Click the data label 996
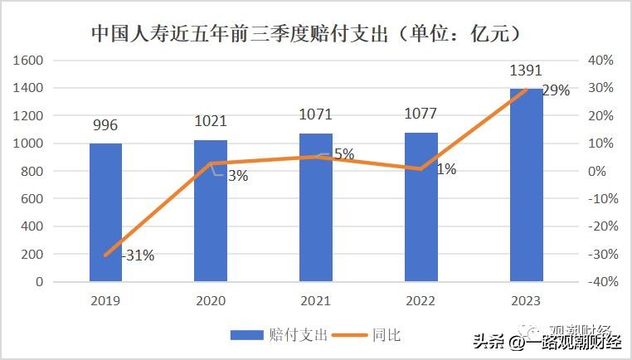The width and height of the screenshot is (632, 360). click(x=105, y=126)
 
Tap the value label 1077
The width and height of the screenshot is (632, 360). click(x=421, y=114)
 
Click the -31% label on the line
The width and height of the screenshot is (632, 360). click(x=138, y=255)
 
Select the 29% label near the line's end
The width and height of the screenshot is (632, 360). click(x=556, y=91)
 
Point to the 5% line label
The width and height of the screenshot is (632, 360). click(x=343, y=153)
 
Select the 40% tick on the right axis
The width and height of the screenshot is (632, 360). click(x=600, y=61)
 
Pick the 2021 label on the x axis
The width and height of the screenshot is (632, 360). click(x=316, y=300)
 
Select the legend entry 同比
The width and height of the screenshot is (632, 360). click(x=386, y=335)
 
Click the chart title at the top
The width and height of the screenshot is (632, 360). click(x=306, y=34)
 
